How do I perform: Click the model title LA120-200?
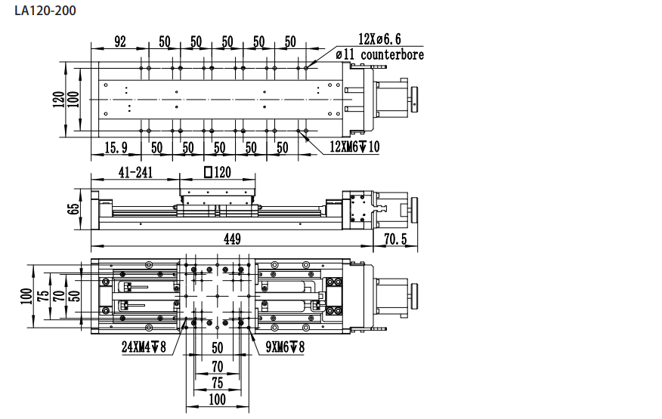pos(45,11)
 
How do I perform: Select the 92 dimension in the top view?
pos(120,42)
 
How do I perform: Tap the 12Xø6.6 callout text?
pos(379,39)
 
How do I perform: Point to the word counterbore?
pos(392,54)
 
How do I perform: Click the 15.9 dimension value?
pos(116,147)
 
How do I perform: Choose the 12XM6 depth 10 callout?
pos(354,146)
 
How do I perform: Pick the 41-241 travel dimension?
pos(135,172)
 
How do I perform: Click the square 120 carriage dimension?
pos(218,172)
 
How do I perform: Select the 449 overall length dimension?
pos(232,239)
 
